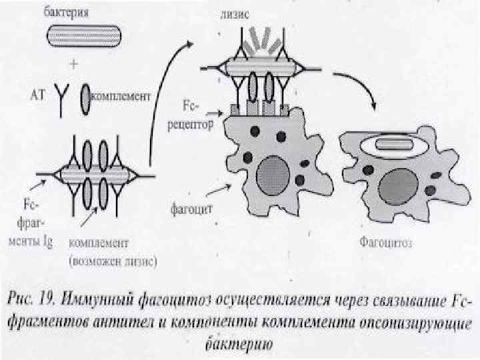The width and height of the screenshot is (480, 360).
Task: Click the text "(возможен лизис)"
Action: pyautogui.click(x=117, y=261)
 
